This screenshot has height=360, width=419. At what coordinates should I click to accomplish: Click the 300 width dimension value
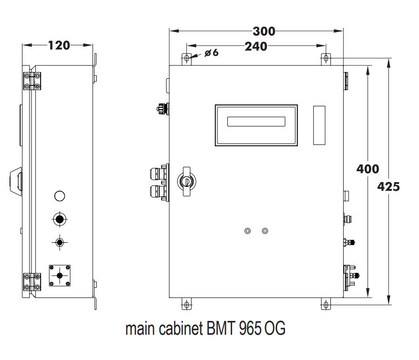[x=264, y=31]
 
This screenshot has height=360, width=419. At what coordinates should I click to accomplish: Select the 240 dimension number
[x=255, y=46]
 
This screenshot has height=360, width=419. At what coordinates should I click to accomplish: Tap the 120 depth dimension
[x=59, y=45]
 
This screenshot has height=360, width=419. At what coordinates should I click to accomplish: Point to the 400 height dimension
[x=368, y=169]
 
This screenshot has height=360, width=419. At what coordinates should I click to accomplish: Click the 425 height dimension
[x=388, y=186]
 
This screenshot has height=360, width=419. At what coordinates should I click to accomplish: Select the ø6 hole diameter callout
[x=211, y=53]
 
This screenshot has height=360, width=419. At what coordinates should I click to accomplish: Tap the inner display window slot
[x=256, y=122]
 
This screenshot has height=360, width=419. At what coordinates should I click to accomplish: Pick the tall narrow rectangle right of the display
[x=319, y=125]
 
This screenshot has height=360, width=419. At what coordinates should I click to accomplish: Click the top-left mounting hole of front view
[x=187, y=58]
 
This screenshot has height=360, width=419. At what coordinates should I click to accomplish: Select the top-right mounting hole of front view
[x=326, y=58]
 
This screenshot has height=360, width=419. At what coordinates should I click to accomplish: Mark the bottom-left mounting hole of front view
[x=187, y=304]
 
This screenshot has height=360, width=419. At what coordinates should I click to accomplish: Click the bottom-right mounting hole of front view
[x=326, y=304]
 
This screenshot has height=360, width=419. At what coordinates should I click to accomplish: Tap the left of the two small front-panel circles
[x=247, y=231]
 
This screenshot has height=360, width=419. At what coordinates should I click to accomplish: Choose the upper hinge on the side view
[x=32, y=81]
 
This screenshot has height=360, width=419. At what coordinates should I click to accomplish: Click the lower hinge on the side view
[x=32, y=282]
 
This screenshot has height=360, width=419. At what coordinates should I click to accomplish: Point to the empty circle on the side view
[x=60, y=196]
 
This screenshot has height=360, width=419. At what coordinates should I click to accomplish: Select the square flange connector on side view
[x=60, y=276]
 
